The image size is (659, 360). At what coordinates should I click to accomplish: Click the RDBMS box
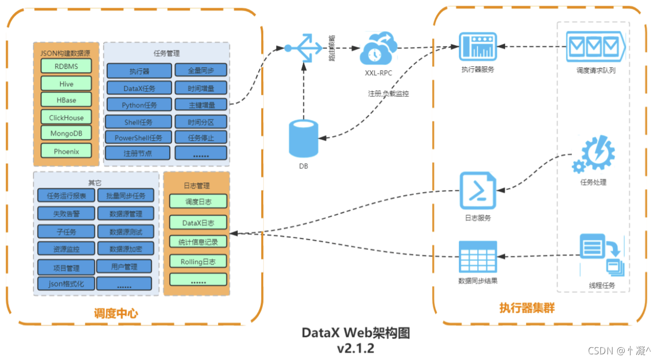pos(66,66)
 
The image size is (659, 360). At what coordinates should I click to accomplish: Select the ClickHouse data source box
pos(66,117)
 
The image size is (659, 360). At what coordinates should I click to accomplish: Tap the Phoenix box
pos(66,151)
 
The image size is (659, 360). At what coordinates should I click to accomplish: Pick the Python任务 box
pos(139,105)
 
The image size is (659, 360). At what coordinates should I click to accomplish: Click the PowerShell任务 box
pos(138,138)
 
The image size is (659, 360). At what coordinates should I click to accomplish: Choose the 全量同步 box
pos(201,70)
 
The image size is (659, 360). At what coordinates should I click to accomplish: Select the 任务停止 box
pos(201,138)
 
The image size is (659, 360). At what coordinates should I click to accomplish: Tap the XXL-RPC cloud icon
pos(378,49)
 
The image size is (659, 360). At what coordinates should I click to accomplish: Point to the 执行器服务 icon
pos(477,48)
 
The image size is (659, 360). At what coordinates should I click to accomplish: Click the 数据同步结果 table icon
pos(477,256)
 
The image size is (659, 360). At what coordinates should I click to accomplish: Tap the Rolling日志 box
pos(198,261)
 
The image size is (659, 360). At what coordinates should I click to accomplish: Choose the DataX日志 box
pos(198,222)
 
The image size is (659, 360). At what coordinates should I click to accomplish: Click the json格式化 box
pos(66,283)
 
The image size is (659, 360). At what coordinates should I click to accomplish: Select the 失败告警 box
pos(66,214)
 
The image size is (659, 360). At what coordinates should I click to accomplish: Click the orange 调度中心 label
pos(116,313)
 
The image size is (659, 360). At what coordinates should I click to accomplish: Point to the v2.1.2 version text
pos(355,348)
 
